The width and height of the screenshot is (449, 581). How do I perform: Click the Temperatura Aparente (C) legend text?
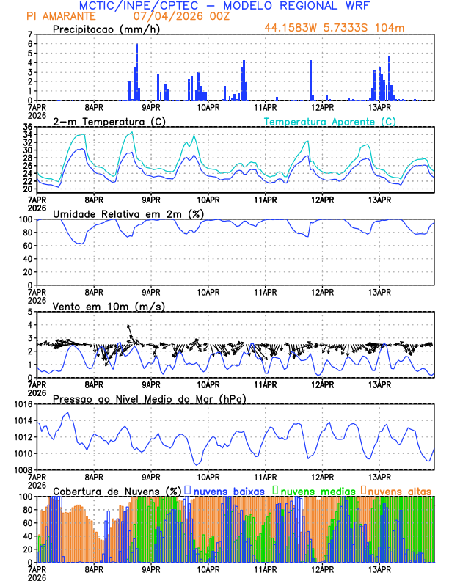(329, 121)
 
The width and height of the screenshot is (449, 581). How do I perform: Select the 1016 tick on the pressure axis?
(22, 404)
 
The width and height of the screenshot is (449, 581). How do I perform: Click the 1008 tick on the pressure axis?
(22, 470)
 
